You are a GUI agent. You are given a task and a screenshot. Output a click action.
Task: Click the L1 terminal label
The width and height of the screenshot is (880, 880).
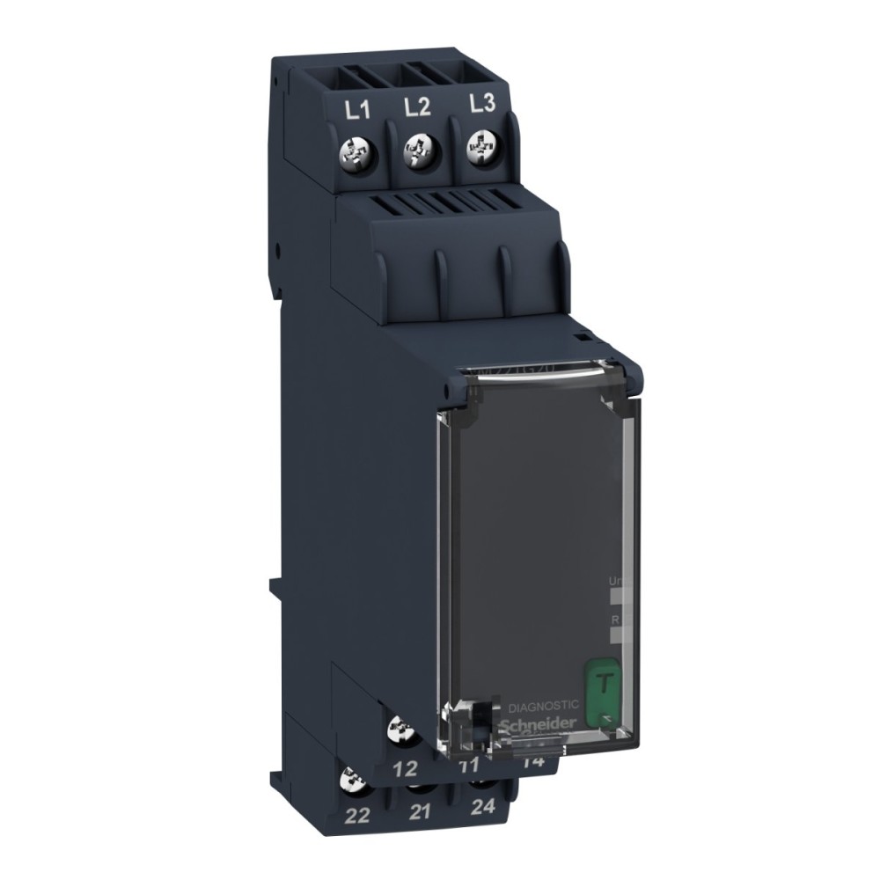356,112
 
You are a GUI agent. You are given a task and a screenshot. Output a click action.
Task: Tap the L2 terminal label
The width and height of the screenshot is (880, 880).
417,108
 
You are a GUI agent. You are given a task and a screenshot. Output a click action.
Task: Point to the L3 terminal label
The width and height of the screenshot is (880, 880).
481,104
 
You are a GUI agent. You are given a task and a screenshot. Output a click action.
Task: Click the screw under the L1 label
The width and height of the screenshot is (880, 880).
358,155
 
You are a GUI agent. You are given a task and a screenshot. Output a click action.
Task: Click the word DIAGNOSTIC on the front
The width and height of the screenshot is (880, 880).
544,705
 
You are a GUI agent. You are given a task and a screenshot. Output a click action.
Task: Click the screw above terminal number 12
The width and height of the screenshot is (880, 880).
403,730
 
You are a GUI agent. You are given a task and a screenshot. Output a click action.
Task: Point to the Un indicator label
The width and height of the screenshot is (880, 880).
616,582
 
